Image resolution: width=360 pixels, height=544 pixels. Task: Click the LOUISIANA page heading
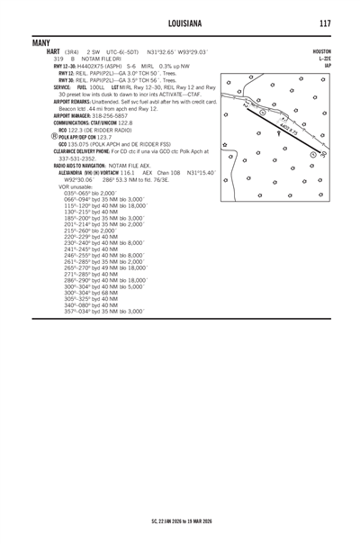180,22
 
